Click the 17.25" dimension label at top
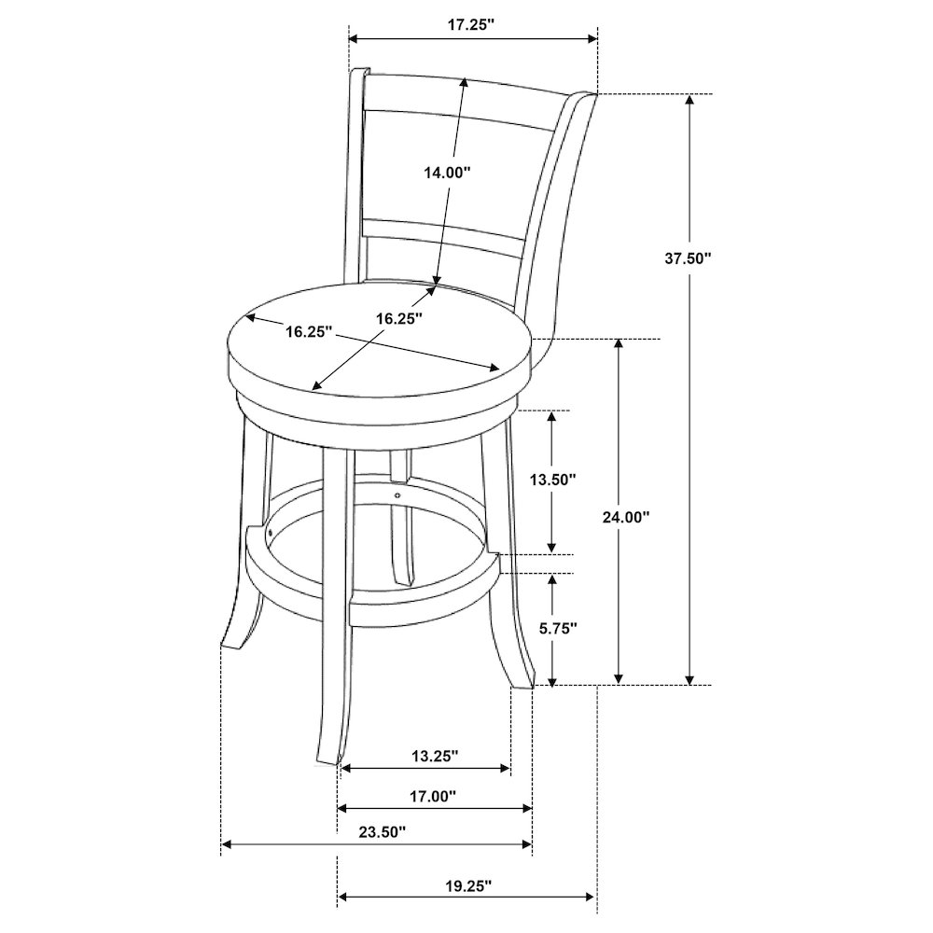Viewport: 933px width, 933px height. click(471, 25)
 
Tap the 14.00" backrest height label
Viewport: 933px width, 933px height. click(447, 173)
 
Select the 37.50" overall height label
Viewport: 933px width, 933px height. click(689, 258)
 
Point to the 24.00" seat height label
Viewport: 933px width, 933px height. click(625, 517)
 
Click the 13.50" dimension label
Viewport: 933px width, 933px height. click(553, 479)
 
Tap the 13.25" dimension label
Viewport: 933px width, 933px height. click(435, 756)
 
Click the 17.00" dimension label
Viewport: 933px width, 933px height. click(433, 796)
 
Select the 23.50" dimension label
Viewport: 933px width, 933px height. click(382, 831)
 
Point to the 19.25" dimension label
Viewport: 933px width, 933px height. click(468, 886)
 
